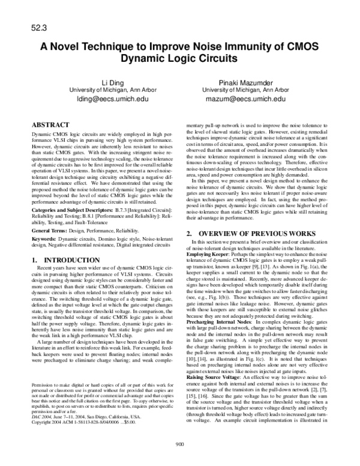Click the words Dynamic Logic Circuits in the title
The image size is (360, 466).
(x=179, y=59)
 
